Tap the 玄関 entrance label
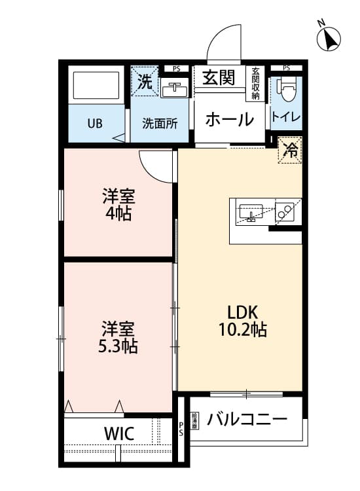(218, 79)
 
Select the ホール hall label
(229, 120)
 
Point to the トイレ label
(286, 118)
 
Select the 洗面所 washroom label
(160, 123)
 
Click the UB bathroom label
(94, 123)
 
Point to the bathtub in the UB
(94, 86)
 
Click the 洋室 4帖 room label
(118, 204)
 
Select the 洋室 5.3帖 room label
(118, 336)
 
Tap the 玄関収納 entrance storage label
(255, 84)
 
